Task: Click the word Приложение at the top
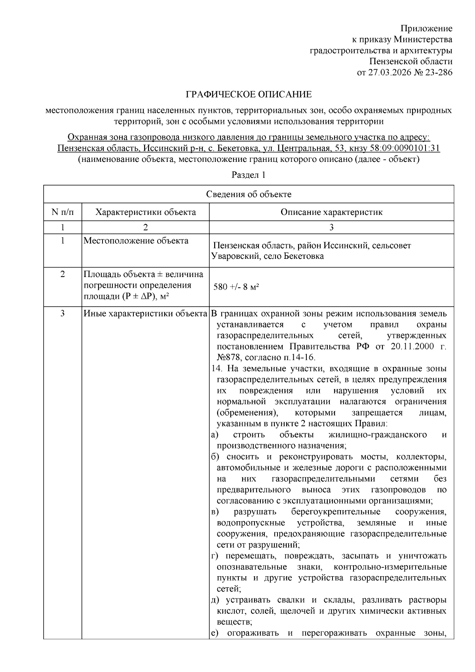(426, 28)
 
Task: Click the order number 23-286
(437, 72)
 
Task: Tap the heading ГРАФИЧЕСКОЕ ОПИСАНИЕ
(249, 95)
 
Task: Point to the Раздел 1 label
(248, 175)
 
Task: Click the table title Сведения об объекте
(249, 194)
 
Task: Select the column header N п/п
(63, 212)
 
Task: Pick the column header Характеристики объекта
(145, 212)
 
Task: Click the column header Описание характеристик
(331, 212)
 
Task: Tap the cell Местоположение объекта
(136, 241)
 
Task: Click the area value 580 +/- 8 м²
(236, 287)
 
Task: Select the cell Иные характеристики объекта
(145, 314)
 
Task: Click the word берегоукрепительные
(336, 512)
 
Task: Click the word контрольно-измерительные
(390, 567)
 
